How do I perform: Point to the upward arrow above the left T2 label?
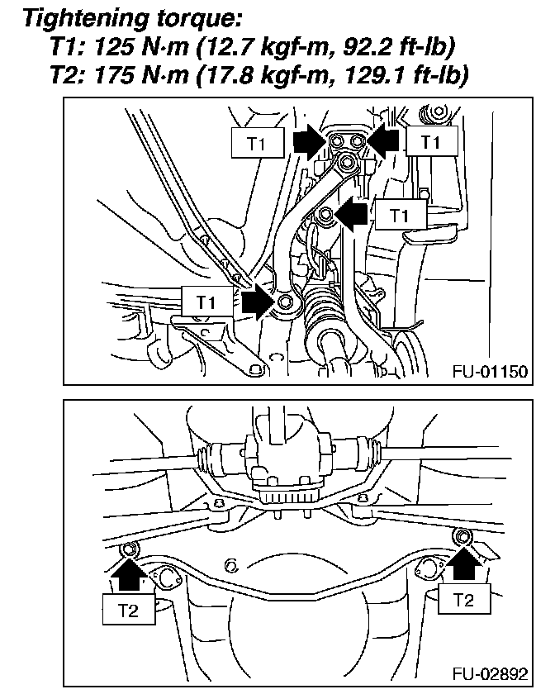click(x=127, y=573)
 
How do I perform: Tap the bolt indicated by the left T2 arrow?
click(x=128, y=549)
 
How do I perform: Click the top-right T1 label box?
click(x=429, y=142)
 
